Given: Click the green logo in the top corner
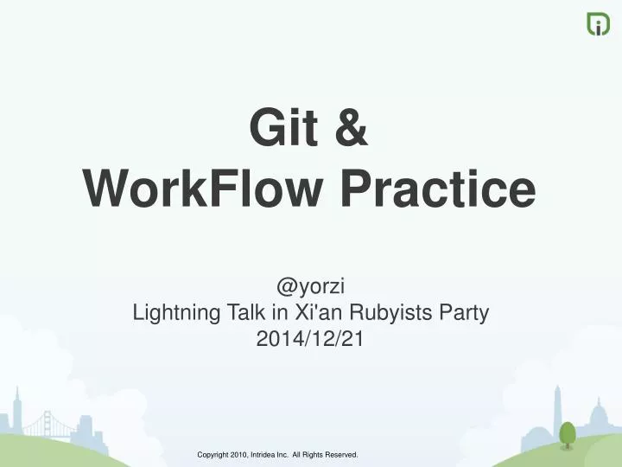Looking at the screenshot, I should pyautogui.click(x=598, y=23).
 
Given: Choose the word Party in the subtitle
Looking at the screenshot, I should pyautogui.click(x=466, y=314).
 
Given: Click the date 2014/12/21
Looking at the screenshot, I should pyautogui.click(x=311, y=340).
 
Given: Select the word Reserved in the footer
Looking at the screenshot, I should pyautogui.click(x=339, y=454).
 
